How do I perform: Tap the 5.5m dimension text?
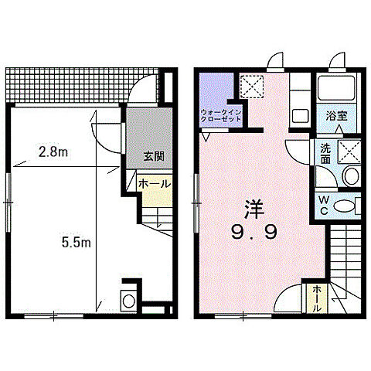[78, 243]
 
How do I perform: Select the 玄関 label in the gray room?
[153, 155]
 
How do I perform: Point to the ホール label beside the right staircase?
[318, 299]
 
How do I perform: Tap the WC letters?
[324, 205]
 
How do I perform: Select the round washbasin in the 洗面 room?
[350, 175]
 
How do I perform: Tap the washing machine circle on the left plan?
[128, 300]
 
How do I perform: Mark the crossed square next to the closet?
[251, 85]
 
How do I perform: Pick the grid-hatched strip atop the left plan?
[70, 86]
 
